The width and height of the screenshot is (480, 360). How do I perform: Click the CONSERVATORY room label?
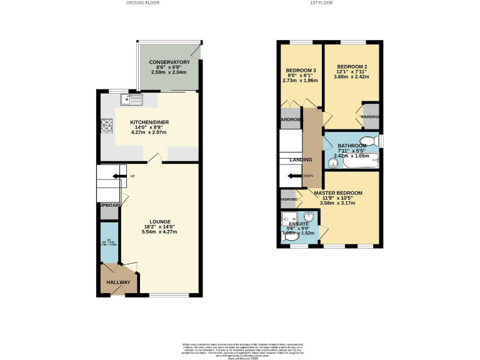169,62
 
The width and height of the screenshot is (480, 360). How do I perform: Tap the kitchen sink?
133,99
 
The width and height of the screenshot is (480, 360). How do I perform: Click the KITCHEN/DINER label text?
149,122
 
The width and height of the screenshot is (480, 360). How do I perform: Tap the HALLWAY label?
117,282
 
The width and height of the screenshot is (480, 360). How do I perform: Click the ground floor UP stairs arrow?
117,176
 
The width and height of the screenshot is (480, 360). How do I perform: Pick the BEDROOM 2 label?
352,67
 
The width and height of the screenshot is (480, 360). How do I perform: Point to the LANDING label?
301,160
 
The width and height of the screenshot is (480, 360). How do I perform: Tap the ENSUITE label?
299,223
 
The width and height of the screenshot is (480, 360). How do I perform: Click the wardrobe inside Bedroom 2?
371,117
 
